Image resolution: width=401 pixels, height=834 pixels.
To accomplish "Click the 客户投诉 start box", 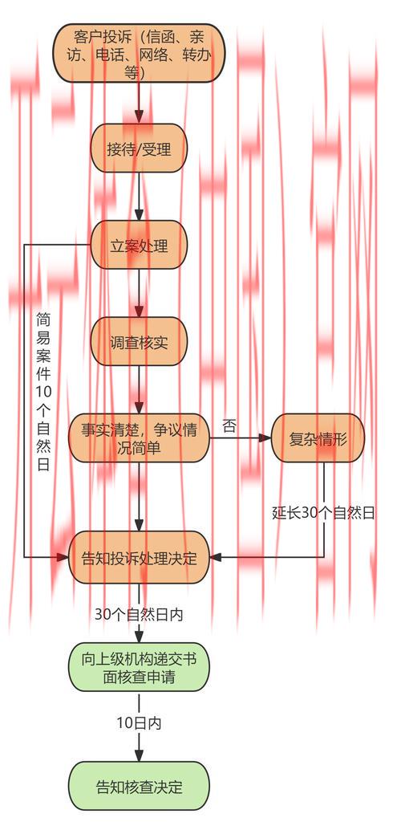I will pyautogui.click(x=139, y=53).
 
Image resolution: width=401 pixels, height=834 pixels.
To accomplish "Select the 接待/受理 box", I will pyautogui.click(x=139, y=148).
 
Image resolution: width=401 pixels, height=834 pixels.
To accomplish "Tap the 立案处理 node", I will pyautogui.click(x=139, y=245).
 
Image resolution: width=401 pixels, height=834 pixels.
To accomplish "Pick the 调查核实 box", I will pyautogui.click(x=139, y=342).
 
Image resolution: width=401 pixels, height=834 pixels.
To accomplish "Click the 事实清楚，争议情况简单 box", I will pyautogui.click(x=139, y=438).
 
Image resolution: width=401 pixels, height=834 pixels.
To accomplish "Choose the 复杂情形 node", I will pyautogui.click(x=318, y=438).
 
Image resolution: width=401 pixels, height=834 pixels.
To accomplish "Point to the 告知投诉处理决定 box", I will pyautogui.click(x=139, y=557).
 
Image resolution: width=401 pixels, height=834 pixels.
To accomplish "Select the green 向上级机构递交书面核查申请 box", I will pyautogui.click(x=139, y=668).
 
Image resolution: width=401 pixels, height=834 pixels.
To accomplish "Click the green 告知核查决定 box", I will pyautogui.click(x=139, y=787).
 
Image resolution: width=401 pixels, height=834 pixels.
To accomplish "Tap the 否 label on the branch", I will pyautogui.click(x=229, y=427).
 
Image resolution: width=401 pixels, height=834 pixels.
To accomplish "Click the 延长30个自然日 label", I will pyautogui.click(x=323, y=512).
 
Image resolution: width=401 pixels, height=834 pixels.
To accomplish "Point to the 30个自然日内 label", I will pyautogui.click(x=139, y=615).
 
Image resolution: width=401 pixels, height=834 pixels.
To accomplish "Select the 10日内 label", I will pyautogui.click(x=139, y=722).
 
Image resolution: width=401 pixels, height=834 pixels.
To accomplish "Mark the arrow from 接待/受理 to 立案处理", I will pyautogui.click(x=139, y=197).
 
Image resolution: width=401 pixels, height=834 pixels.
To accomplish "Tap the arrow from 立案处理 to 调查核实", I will pyautogui.click(x=139, y=294).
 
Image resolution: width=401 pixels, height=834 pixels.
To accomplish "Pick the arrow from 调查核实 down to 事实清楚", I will pyautogui.click(x=139, y=390).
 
